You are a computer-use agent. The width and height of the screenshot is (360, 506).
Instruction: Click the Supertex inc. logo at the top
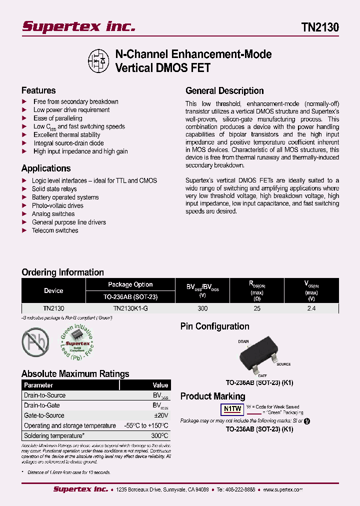point(78,26)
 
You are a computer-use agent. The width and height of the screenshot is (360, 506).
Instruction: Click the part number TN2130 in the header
point(320,27)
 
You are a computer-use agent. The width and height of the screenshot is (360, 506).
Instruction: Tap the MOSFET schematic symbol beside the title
point(99,60)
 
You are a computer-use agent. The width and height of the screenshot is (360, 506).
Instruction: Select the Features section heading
point(38,90)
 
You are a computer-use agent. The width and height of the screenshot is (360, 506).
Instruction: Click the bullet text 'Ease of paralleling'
point(58,118)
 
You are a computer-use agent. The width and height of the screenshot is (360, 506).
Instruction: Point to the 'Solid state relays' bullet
point(54,189)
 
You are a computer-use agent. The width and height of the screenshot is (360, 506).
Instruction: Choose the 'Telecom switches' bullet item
point(55,230)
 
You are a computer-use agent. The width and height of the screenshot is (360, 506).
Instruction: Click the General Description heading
point(224,91)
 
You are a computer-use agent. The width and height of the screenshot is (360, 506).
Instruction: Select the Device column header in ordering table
point(53,290)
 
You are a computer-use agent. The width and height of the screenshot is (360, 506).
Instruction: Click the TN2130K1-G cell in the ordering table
point(130,308)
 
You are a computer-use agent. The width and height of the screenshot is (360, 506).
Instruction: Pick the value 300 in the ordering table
point(202,308)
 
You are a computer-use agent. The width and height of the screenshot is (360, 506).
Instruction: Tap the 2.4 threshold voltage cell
point(311,308)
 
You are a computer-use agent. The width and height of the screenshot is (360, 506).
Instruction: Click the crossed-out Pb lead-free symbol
point(35,341)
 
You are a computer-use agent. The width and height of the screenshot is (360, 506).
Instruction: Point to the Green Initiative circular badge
point(77,342)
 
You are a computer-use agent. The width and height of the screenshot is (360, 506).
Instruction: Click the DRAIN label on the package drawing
point(243,341)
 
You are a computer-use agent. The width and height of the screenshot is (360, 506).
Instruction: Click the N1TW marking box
point(232,409)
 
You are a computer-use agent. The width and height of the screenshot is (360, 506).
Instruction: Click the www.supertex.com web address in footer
point(282,490)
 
